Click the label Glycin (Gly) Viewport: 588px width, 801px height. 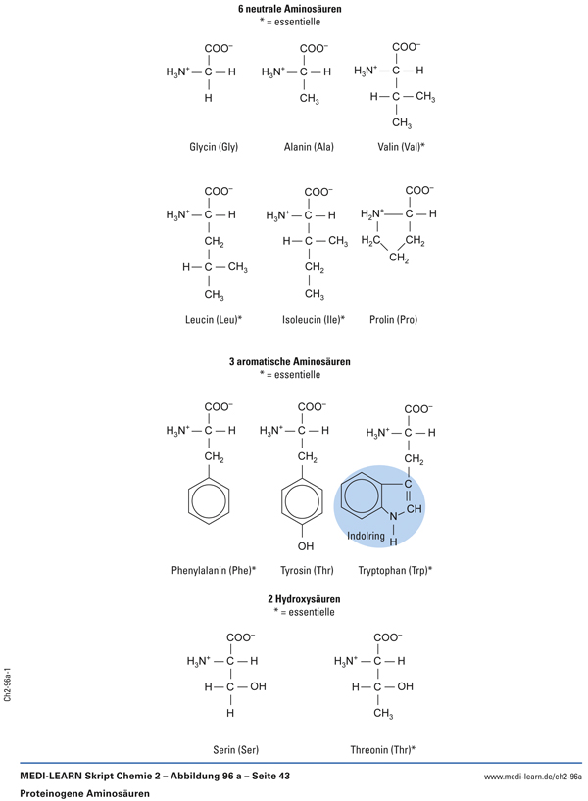214,147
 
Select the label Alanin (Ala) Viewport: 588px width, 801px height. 309,147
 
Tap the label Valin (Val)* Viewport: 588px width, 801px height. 402,147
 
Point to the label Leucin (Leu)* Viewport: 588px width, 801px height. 213,319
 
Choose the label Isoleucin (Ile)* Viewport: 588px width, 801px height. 314,319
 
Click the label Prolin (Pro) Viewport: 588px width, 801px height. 394,319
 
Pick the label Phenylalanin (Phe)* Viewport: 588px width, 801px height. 214,569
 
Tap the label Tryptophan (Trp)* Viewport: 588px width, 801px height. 395,569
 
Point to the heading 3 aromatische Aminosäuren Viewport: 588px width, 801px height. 290,361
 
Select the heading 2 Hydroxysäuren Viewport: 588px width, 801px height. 304,598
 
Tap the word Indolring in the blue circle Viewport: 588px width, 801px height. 367,536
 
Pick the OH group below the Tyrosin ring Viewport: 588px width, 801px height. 306,545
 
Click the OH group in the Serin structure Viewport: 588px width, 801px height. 258,686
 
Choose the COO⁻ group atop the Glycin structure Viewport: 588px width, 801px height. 219,48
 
